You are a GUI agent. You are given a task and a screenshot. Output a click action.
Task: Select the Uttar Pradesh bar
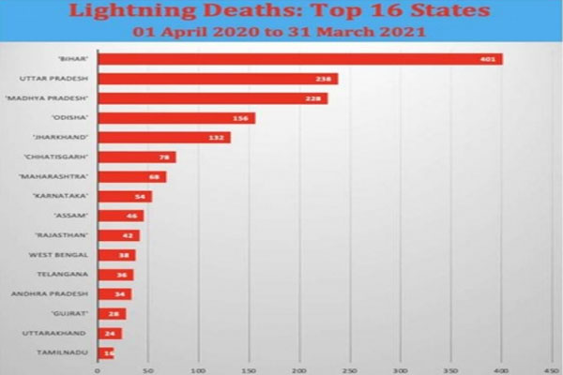(216, 79)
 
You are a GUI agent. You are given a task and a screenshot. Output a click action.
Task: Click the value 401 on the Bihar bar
(489, 59)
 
